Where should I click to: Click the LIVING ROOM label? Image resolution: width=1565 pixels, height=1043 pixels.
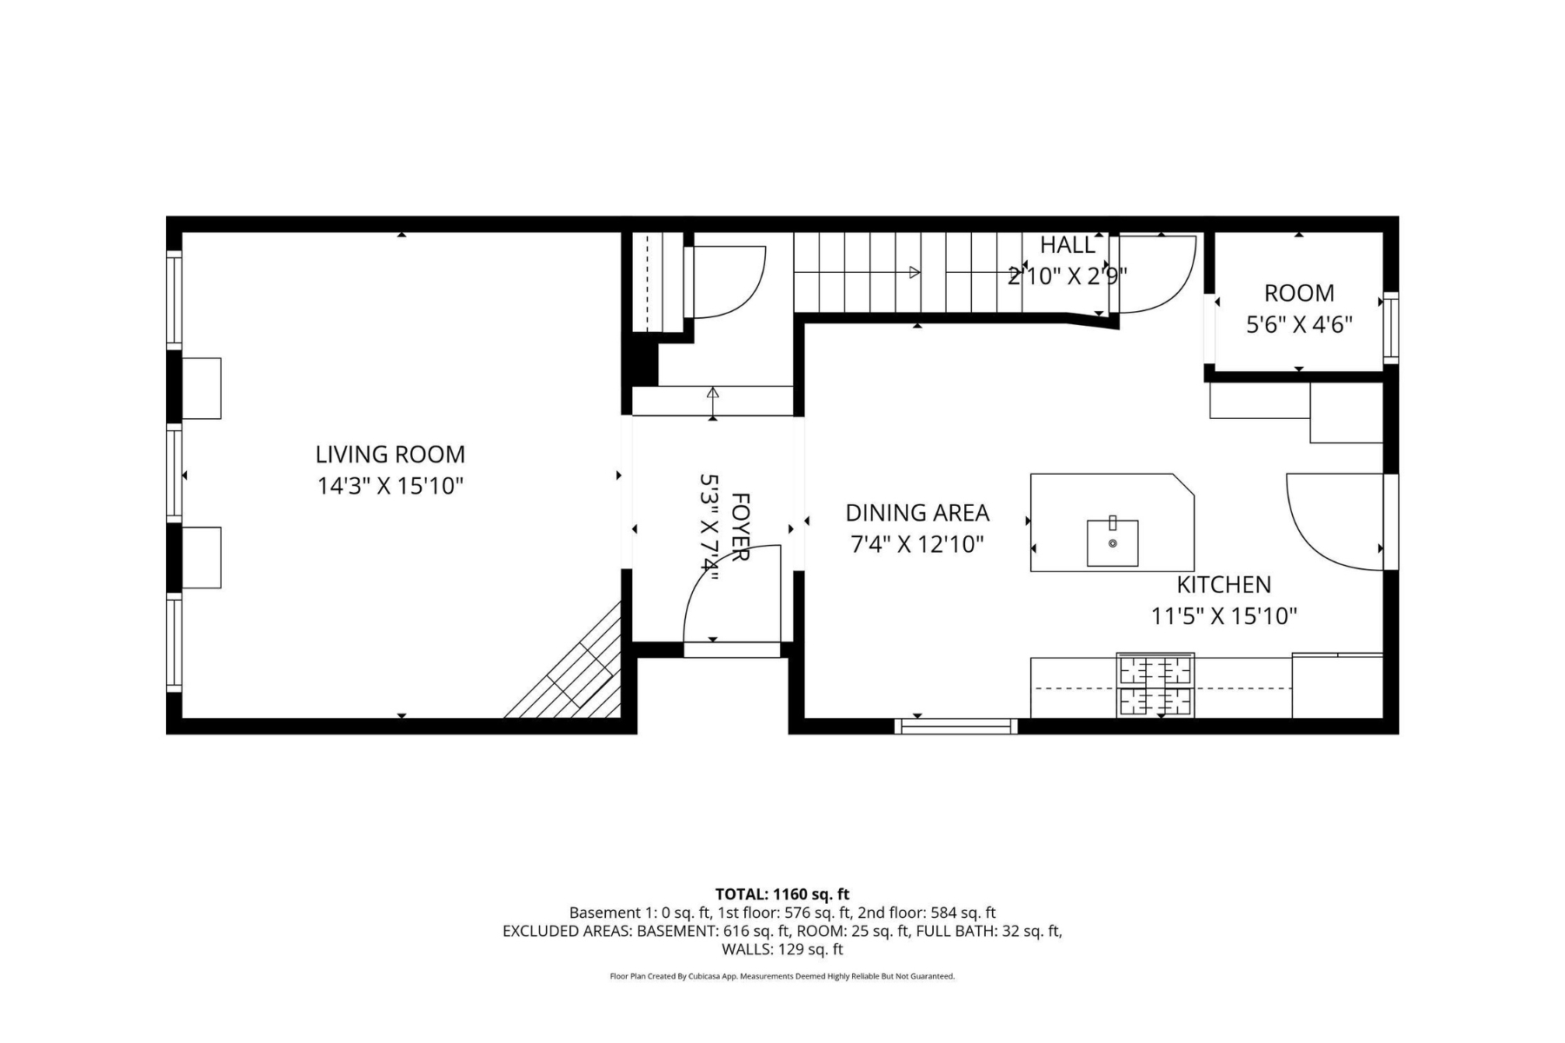pos(390,454)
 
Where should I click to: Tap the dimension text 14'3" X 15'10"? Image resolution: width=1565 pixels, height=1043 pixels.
pos(390,485)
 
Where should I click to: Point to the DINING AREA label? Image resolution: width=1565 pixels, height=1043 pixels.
pos(917,513)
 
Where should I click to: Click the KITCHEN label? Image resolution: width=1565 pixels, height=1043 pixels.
pos(1223,584)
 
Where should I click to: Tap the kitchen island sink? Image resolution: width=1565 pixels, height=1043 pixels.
pos(1112,542)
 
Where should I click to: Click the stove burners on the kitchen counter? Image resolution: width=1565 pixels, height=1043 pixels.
pos(1155,686)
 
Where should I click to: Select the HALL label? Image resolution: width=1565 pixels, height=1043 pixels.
pos(1068,245)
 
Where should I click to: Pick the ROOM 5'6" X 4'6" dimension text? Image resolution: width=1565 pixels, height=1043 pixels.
pos(1299,324)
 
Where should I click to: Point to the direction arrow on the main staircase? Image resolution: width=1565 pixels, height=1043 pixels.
pos(915,272)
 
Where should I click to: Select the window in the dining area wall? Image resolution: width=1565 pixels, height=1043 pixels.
pos(956,727)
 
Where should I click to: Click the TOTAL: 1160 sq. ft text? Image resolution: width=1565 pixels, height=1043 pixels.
pos(782,894)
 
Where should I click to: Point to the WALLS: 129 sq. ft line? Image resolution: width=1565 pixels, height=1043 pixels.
pos(782,949)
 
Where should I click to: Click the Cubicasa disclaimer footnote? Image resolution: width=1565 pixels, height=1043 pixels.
pos(782,976)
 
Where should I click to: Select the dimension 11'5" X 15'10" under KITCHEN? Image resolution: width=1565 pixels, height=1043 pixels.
pos(1224,616)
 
